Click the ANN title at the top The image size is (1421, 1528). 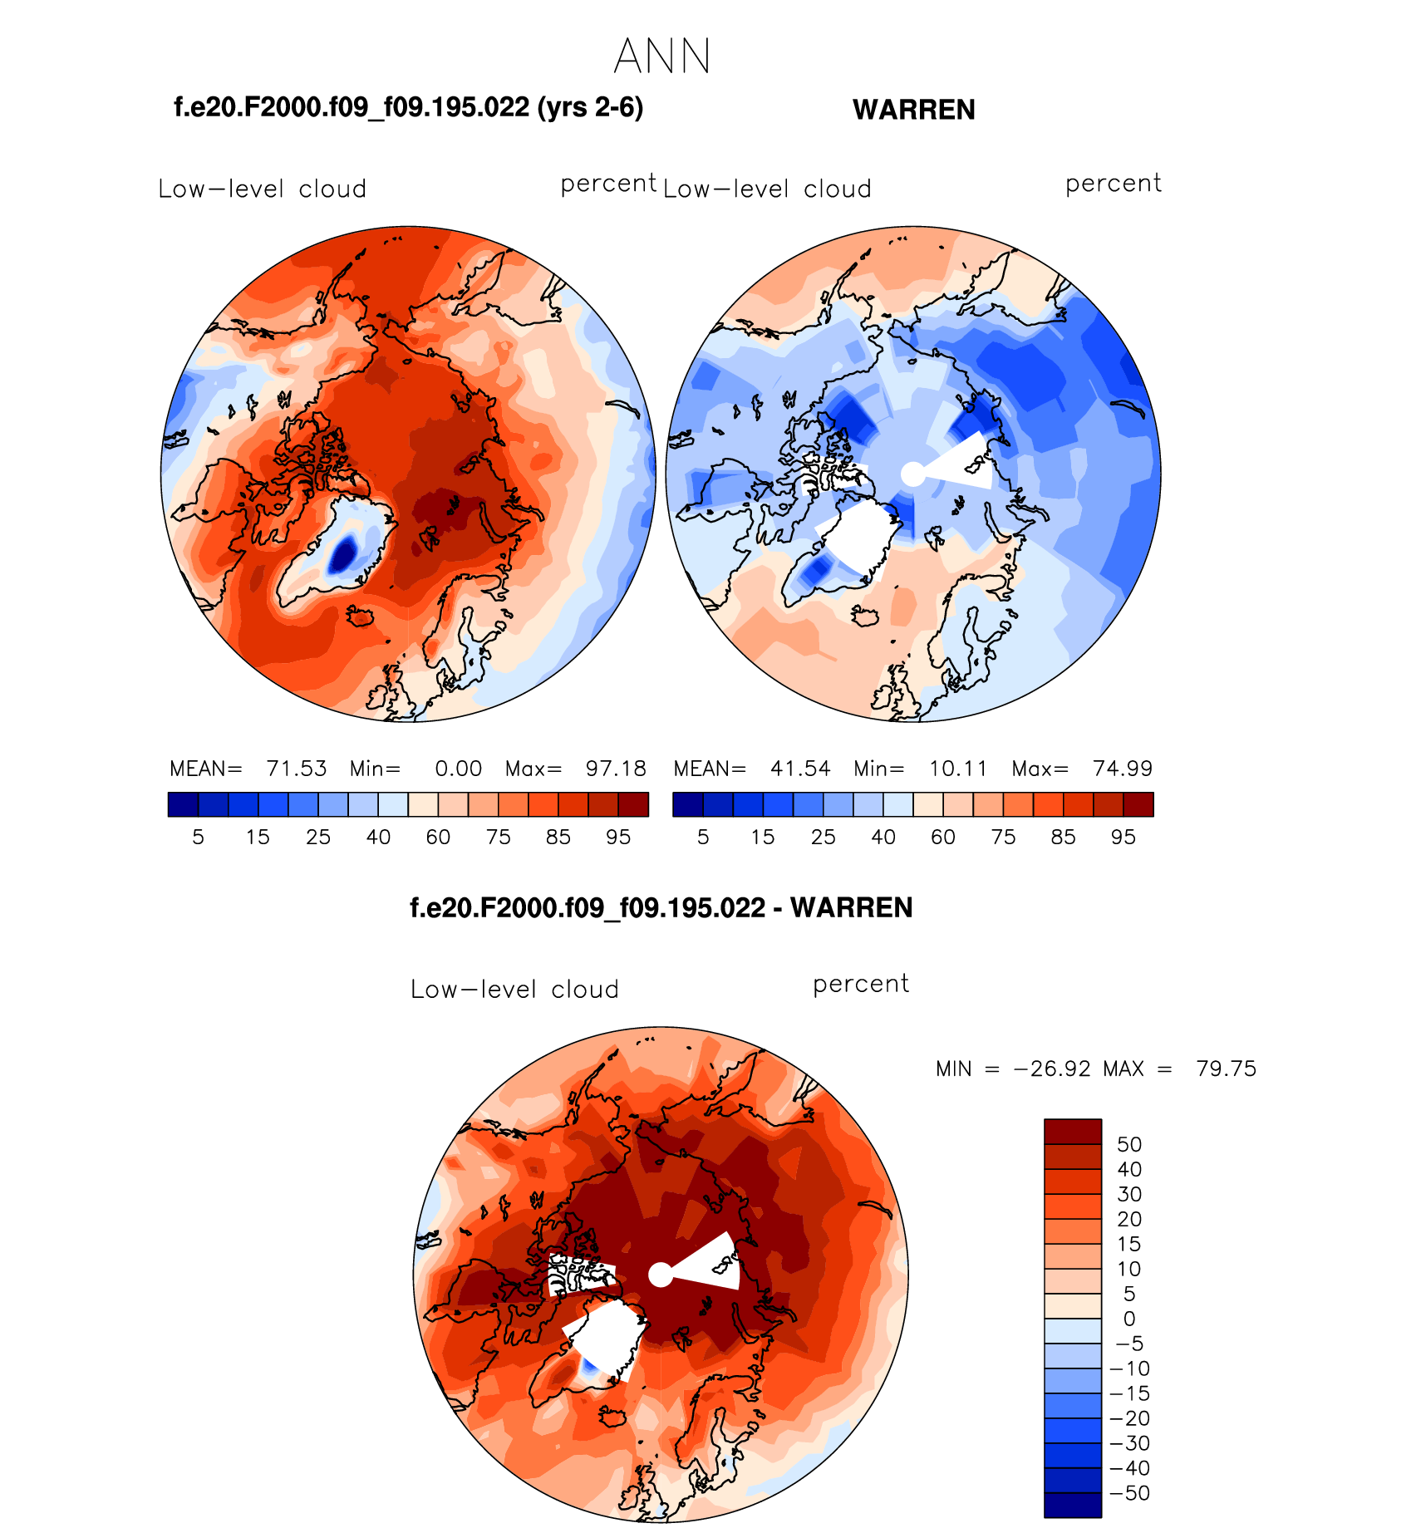click(661, 57)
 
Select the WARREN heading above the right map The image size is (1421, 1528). click(913, 110)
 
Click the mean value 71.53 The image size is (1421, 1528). click(297, 769)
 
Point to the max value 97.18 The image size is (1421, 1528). click(616, 769)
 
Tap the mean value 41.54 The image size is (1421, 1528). click(800, 769)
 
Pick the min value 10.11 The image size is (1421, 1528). click(958, 769)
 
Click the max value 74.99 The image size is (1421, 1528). click(1123, 769)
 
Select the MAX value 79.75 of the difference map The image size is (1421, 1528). click(1226, 1069)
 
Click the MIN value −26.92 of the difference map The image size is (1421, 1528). click(1052, 1069)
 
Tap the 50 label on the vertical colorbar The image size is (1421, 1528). click(1129, 1144)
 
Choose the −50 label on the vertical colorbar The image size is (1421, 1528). click(1129, 1493)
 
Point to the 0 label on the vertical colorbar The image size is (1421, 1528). click(1129, 1319)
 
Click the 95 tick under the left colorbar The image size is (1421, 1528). click(618, 837)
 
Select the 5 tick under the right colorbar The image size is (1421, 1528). click(703, 837)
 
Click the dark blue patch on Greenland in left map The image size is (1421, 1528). click(342, 553)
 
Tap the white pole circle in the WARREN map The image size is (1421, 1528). click(912, 474)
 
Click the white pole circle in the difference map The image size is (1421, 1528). click(660, 1275)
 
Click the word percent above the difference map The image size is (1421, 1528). click(861, 984)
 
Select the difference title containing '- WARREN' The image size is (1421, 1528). click(661, 907)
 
